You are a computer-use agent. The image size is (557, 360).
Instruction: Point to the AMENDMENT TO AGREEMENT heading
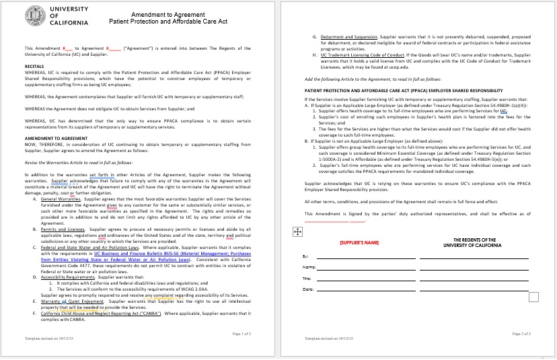pos(52,137)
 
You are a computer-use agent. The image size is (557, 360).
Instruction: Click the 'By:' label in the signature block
pos(307,257)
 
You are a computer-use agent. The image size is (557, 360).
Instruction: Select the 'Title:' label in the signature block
pos(307,279)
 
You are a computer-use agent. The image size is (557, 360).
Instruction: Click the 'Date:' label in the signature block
pos(307,289)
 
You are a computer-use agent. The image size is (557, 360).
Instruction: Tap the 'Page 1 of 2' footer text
pos(242,334)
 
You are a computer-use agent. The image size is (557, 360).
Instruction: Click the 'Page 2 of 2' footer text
pos(522,334)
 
